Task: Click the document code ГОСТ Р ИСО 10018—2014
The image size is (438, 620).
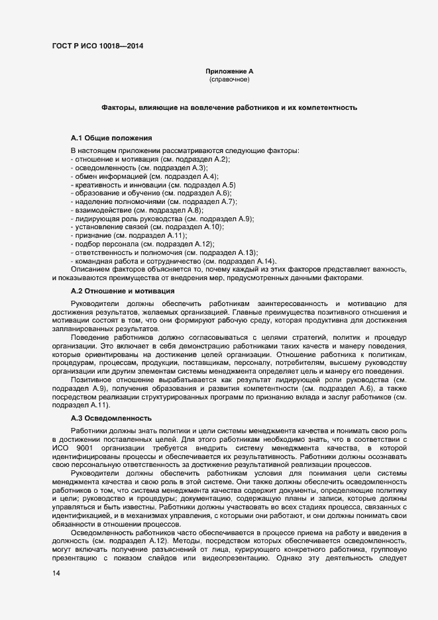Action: click(97, 46)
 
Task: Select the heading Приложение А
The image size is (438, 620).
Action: click(229, 70)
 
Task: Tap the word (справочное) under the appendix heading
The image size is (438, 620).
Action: click(229, 79)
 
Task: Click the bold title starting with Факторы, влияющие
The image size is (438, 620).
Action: click(229, 107)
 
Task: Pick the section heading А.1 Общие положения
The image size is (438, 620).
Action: click(111, 138)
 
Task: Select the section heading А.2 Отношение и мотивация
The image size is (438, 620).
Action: click(123, 291)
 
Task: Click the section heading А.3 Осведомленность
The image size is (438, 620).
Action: click(111, 419)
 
